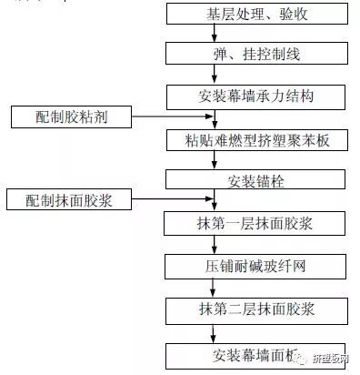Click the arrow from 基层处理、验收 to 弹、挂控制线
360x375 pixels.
coord(215,35)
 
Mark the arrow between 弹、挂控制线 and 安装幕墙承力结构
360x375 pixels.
coord(215,75)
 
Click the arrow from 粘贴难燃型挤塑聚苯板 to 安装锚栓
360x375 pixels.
coord(215,159)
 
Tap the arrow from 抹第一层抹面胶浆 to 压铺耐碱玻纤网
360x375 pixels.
coord(215,245)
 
